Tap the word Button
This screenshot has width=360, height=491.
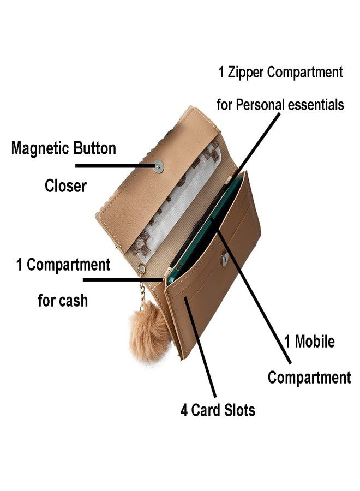click(94, 148)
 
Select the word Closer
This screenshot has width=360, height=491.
click(65, 185)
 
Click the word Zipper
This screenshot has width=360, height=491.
click(245, 73)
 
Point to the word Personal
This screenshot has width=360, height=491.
click(260, 105)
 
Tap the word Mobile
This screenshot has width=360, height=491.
click(315, 342)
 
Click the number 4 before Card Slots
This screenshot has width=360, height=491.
click(184, 410)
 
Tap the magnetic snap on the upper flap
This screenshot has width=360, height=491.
click(159, 167)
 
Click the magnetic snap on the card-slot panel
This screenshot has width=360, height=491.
click(224, 259)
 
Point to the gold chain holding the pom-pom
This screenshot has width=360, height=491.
click(143, 288)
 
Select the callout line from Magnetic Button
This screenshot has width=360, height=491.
click(116, 166)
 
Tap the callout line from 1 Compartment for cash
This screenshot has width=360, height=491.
click(123, 279)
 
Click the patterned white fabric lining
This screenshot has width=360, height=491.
click(177, 200)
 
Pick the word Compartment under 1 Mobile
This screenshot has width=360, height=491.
click(309, 378)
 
